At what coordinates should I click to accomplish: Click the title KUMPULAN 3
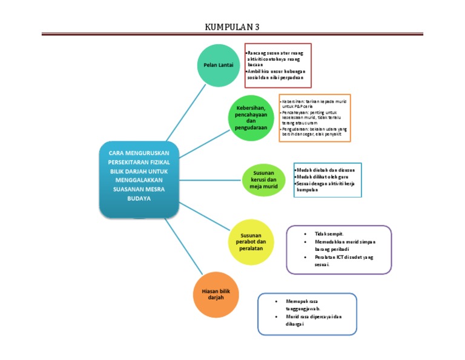click(x=232, y=27)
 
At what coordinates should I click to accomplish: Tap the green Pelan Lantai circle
click(x=217, y=65)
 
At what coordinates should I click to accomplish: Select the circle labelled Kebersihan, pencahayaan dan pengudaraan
click(x=251, y=119)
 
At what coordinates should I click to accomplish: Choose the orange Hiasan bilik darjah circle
click(x=217, y=295)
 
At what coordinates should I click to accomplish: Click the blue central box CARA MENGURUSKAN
click(x=139, y=179)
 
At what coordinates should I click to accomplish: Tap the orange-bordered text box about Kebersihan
click(x=315, y=118)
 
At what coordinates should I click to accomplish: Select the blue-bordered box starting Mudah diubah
click(x=327, y=179)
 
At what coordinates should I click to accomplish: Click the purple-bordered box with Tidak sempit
click(x=338, y=249)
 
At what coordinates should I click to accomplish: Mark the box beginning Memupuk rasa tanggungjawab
click(x=307, y=314)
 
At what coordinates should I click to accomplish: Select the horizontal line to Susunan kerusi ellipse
click(x=209, y=179)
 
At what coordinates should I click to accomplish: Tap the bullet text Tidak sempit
click(x=330, y=233)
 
